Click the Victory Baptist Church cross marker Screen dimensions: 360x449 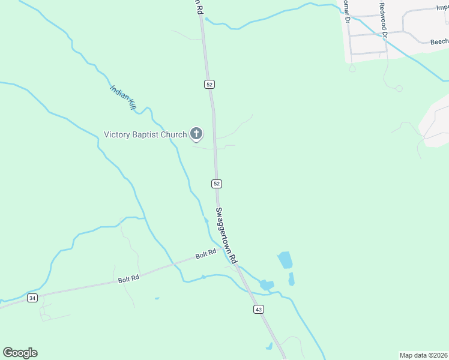(196, 134)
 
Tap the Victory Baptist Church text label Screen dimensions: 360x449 (145, 134)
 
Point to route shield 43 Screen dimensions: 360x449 (259, 309)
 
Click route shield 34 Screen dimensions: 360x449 (32, 298)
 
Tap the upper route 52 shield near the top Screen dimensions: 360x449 (209, 84)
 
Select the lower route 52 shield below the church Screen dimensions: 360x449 (217, 183)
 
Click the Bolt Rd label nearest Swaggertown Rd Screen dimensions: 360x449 (206, 255)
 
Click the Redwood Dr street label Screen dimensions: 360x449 (383, 20)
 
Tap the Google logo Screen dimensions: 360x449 (20, 353)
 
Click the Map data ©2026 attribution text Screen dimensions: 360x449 (423, 355)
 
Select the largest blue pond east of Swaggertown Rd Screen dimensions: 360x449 (285, 260)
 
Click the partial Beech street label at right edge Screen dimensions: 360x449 (439, 42)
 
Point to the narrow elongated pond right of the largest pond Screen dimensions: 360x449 (292, 279)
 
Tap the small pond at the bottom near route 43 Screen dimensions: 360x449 (268, 346)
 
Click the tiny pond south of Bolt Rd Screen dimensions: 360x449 (157, 298)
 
